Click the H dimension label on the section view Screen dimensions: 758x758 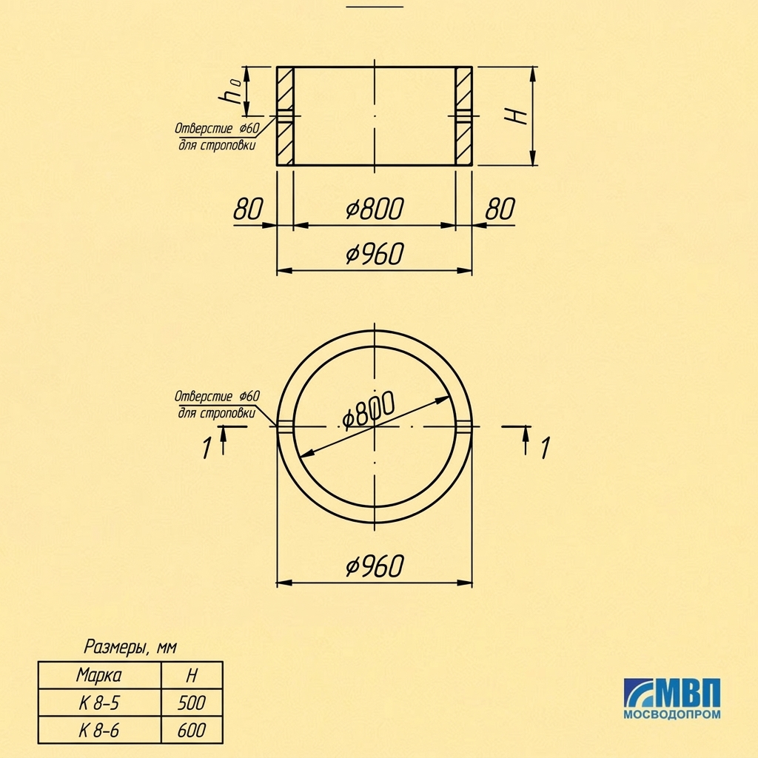(x=516, y=116)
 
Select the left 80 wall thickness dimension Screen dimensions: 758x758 (x=248, y=209)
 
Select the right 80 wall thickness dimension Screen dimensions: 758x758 (x=500, y=209)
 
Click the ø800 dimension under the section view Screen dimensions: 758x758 (x=375, y=209)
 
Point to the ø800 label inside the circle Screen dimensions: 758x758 (x=369, y=410)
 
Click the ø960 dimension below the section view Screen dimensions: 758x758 (x=375, y=254)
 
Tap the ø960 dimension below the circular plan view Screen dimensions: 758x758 (x=375, y=566)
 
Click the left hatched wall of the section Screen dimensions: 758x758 (x=285, y=116)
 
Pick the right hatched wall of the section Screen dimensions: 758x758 (x=463, y=116)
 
